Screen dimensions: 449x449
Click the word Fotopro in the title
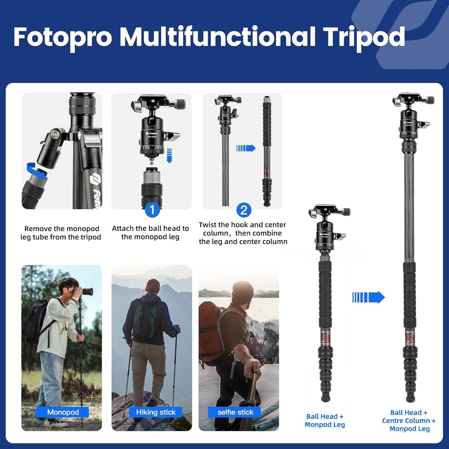[62, 37]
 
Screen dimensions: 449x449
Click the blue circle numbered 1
[152, 210]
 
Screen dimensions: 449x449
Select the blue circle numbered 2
[244, 210]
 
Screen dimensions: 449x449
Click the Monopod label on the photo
[63, 412]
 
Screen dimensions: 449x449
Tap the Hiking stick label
[156, 412]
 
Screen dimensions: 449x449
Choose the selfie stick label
[235, 412]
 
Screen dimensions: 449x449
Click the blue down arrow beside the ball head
[169, 155]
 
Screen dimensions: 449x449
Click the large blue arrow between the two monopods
[369, 297]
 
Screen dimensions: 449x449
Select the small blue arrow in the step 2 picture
[246, 148]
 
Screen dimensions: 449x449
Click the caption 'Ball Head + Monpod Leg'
[325, 420]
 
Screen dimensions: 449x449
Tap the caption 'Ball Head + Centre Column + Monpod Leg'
[409, 420]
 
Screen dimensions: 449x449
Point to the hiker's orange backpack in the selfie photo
[210, 329]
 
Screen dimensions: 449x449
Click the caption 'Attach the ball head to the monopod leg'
[150, 232]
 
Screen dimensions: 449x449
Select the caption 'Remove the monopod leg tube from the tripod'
[61, 233]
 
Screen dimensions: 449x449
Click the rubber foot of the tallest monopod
[410, 398]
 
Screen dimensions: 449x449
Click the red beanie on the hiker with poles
[153, 284]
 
